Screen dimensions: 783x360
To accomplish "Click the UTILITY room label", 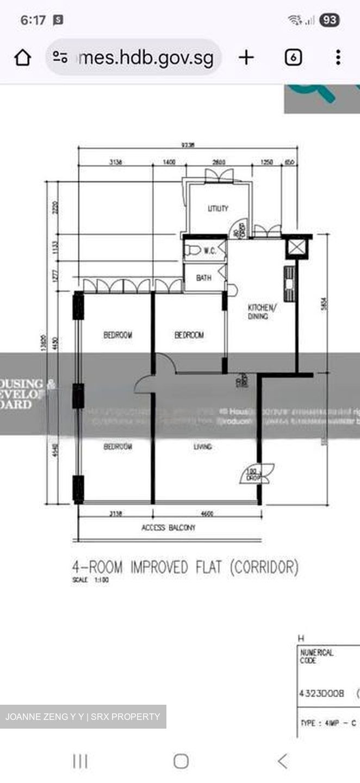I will pos(218,208).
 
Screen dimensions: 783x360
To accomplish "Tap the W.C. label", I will pos(210,251).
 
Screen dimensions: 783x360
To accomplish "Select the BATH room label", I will pos(203,278).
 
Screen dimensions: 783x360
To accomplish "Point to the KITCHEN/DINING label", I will pos(262,312).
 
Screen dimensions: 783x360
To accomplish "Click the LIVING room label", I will pos(202,446).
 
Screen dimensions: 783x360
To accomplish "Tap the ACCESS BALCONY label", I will pos(168,527).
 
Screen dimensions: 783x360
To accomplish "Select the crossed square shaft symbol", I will pos(296,248).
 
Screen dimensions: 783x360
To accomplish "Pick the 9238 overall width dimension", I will pos(189,145).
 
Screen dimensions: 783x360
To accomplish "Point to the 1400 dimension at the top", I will pos(168,162).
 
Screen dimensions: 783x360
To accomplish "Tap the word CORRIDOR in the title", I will pos(264,567).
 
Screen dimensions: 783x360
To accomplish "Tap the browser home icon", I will pos(22,57).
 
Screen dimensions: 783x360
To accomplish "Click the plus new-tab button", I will pos(246,57).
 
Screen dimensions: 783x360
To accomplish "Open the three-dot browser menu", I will pos(338,57).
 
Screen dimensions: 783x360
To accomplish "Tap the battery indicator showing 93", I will pos(330,21).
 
